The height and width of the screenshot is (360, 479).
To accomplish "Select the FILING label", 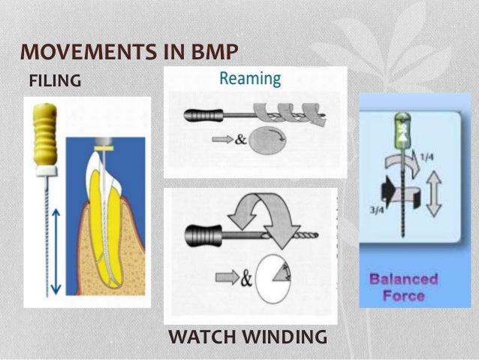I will click(x=54, y=80).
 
